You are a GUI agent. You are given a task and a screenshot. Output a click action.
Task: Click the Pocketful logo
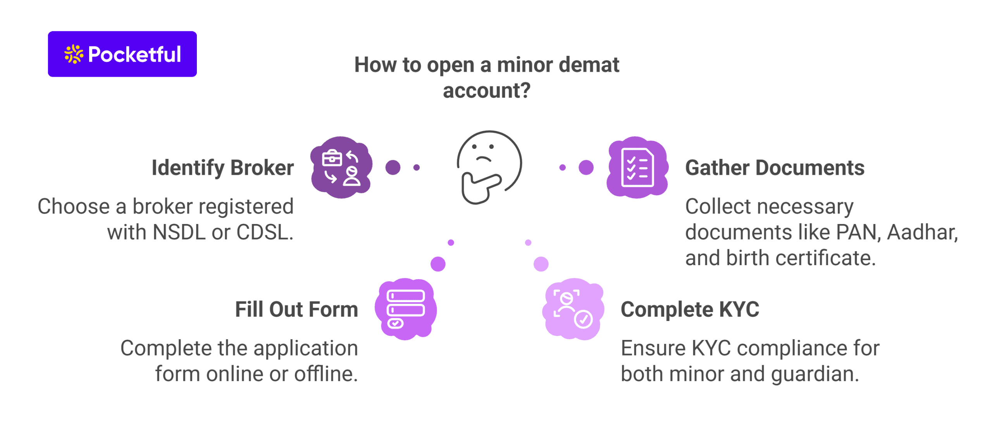click(x=122, y=54)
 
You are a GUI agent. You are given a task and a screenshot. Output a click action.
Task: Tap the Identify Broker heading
click(x=222, y=168)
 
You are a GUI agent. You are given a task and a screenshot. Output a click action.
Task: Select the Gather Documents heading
click(x=775, y=168)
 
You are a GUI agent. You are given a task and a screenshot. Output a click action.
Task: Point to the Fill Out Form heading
click(x=296, y=309)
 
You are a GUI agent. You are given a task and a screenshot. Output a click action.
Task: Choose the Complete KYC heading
click(x=690, y=309)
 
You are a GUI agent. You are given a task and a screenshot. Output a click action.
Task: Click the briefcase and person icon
click(x=341, y=167)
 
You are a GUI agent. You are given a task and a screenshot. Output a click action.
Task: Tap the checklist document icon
click(x=637, y=167)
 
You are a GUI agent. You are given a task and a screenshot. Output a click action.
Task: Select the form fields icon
click(x=406, y=309)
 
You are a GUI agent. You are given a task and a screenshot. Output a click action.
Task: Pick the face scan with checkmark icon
click(x=573, y=309)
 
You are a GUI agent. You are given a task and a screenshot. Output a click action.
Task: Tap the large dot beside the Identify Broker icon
click(x=393, y=167)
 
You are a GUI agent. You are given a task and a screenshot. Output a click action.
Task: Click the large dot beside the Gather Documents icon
click(x=586, y=167)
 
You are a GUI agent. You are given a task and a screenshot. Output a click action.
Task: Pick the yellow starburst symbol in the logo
click(x=74, y=54)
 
